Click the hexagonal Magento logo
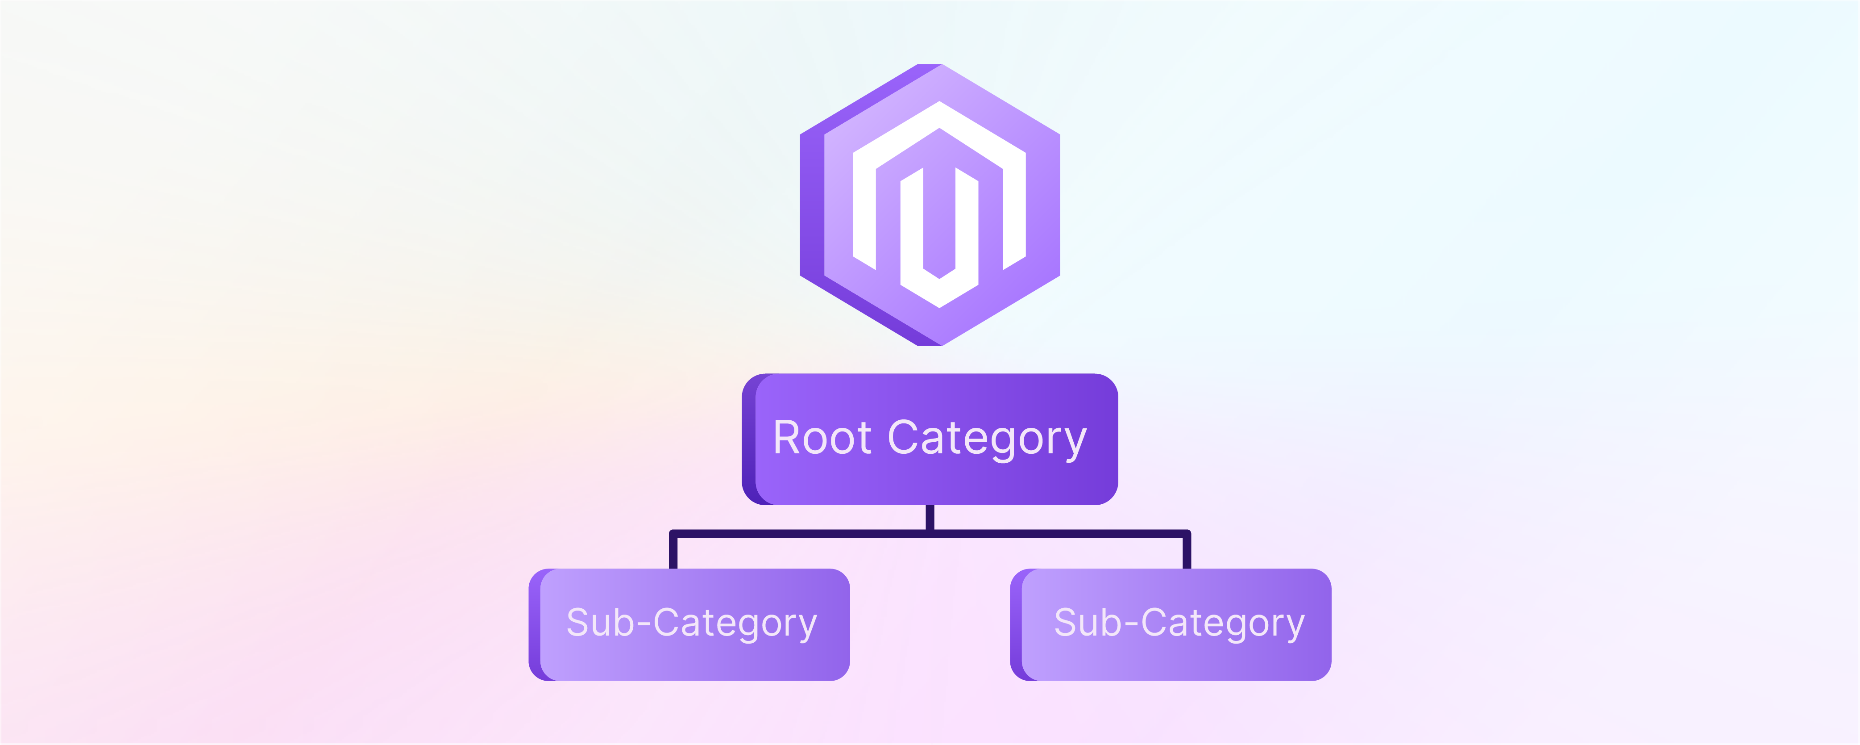coord(930,205)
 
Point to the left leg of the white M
coord(864,209)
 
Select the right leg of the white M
coord(1014,209)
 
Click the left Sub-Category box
coord(689,624)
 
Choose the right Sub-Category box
coord(1171,624)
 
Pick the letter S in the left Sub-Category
coord(579,623)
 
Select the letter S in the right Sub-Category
coord(1067,623)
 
